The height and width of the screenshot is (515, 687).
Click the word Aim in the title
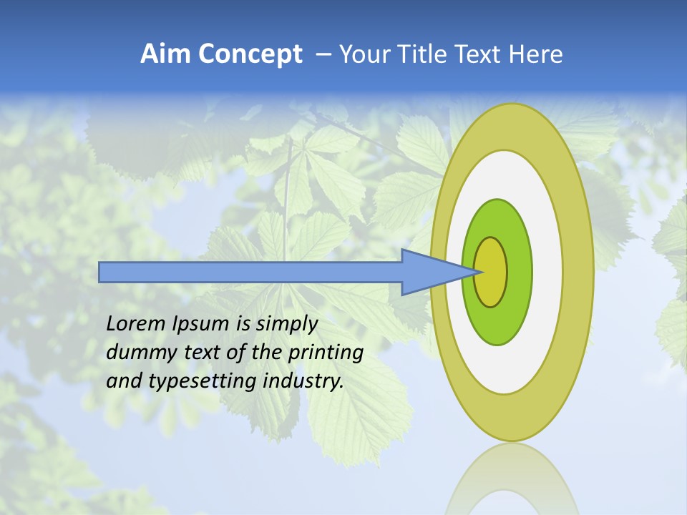pos(166,54)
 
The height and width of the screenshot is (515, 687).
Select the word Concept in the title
pos(250,54)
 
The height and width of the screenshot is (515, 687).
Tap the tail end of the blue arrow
pos(104,273)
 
